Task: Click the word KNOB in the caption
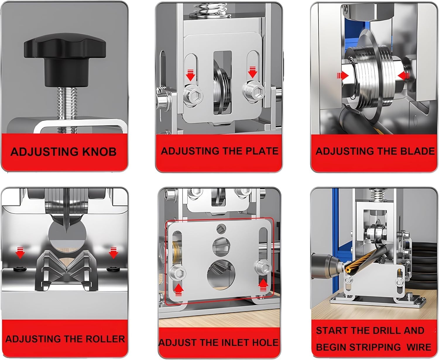pyautogui.click(x=99, y=151)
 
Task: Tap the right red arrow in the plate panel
pyautogui.click(x=253, y=72)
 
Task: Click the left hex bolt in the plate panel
pyautogui.click(x=193, y=96)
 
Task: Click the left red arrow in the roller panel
pyautogui.click(x=20, y=253)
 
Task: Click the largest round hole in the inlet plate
pyautogui.click(x=221, y=275)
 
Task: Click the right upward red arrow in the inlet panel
pyautogui.click(x=263, y=285)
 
